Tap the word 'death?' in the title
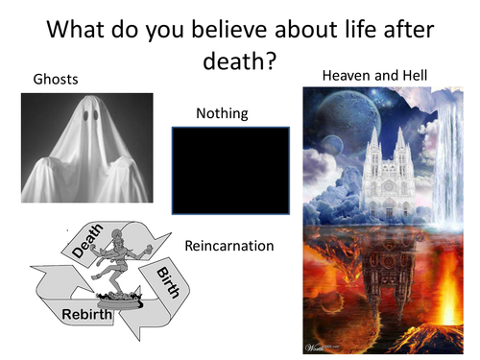click(240, 61)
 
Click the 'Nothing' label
click(222, 113)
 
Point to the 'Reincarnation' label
click(229, 246)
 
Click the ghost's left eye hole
click(84, 116)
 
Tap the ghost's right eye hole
click(99, 116)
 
